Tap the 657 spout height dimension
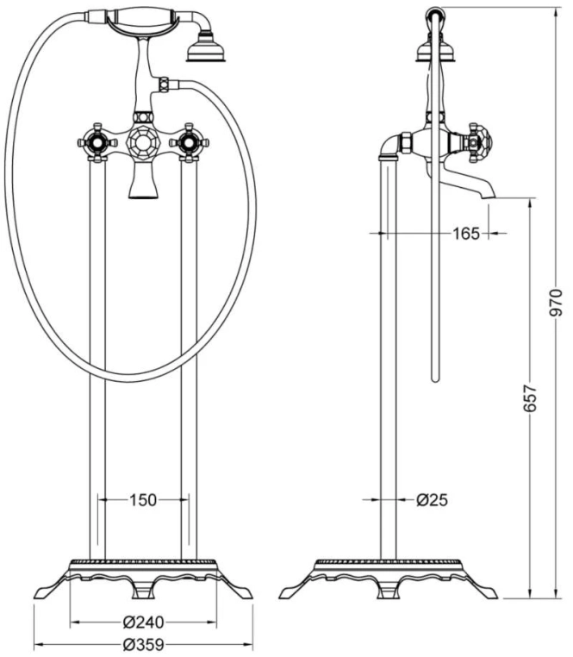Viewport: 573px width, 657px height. pos(530,398)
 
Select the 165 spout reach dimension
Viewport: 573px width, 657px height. pos(466,234)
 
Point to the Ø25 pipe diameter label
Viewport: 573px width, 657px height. pos(433,499)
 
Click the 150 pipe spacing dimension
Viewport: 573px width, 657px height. pos(142,499)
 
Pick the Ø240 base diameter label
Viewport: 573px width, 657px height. pos(143,623)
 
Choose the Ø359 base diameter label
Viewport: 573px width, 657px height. pos(143,644)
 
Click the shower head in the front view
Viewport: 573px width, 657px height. pos(206,50)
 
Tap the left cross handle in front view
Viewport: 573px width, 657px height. pos(97,143)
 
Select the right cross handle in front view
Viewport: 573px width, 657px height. pos(189,143)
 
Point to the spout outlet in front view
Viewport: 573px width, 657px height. pos(143,186)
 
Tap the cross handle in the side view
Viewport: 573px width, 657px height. pos(475,143)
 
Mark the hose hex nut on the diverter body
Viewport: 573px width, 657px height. pos(164,84)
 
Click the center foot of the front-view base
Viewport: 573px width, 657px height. pos(143,590)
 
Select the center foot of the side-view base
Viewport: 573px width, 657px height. pos(389,590)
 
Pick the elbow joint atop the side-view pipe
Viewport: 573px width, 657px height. pos(390,146)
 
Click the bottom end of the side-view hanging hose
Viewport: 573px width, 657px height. pos(436,379)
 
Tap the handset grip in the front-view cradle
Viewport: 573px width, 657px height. pos(141,18)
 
